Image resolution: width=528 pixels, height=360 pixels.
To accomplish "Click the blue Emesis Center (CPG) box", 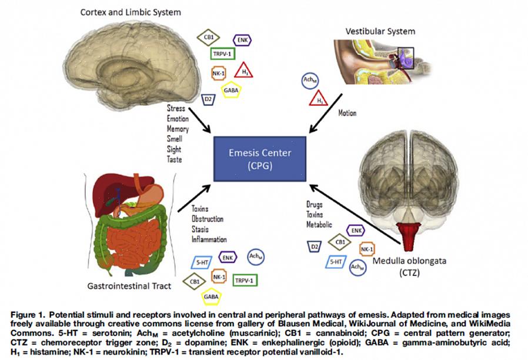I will (260, 158).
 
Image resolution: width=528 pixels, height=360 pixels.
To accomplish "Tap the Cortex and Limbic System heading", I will (130, 12).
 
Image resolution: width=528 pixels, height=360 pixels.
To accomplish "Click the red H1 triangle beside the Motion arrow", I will (319, 99).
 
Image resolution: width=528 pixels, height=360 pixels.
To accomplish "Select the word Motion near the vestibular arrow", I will (347, 113).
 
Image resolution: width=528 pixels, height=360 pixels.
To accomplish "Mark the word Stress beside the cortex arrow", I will (176, 108).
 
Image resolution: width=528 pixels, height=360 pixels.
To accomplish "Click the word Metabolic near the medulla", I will (319, 225).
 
